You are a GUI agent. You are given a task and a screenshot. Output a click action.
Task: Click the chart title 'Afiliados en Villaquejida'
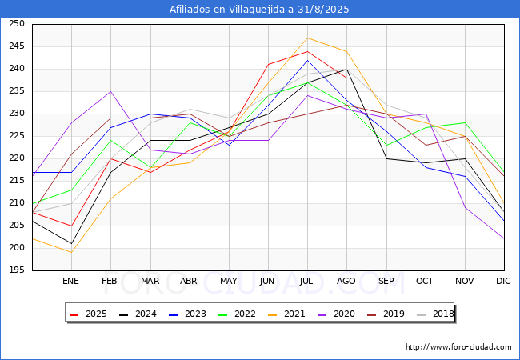click(x=259, y=10)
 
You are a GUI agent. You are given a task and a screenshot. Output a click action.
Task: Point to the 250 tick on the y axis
click(x=15, y=24)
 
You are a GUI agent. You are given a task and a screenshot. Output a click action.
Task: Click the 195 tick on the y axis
click(x=15, y=270)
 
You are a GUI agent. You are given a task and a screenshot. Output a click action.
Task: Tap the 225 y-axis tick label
click(x=15, y=136)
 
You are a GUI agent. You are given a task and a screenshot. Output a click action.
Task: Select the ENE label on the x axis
click(x=70, y=282)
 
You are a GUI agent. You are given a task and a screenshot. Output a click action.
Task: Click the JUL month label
click(x=307, y=282)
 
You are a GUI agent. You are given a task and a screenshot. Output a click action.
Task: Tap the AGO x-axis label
click(x=346, y=282)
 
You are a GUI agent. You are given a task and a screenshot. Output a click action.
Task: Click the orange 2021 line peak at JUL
click(x=307, y=38)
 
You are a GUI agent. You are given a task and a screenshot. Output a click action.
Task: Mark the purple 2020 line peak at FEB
click(x=110, y=91)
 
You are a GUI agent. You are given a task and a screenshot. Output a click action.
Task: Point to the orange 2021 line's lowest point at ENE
click(x=70, y=253)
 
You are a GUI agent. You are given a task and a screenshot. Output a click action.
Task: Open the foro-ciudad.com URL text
click(x=458, y=347)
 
